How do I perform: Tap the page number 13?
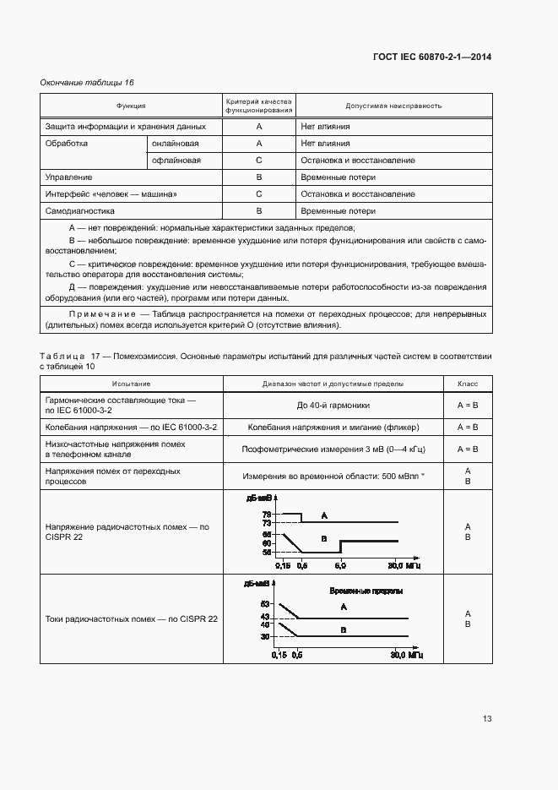pyautogui.click(x=487, y=719)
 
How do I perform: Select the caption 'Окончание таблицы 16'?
pyautogui.click(x=87, y=82)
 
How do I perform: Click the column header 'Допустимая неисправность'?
pyautogui.click(x=393, y=106)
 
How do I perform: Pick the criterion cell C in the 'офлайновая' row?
pyautogui.click(x=259, y=161)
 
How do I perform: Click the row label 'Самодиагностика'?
pyautogui.click(x=79, y=211)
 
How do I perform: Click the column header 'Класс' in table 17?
pyautogui.click(x=468, y=384)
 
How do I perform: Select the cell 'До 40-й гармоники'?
pyautogui.click(x=330, y=406)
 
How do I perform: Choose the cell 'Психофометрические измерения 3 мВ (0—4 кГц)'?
pyautogui.click(x=330, y=449)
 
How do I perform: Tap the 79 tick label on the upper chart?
pyautogui.click(x=266, y=514)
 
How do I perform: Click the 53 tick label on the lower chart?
pyautogui.click(x=265, y=604)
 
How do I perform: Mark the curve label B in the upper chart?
pyautogui.click(x=323, y=537)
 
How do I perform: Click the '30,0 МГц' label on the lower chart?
pyautogui.click(x=407, y=655)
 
